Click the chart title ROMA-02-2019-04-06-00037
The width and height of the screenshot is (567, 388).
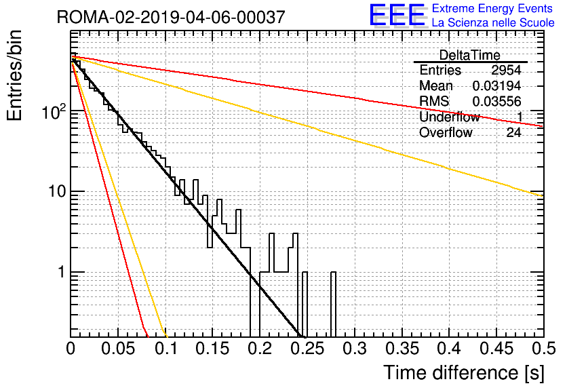(x=171, y=17)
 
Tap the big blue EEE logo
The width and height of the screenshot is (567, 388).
(x=397, y=15)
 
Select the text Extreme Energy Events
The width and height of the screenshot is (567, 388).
(x=492, y=8)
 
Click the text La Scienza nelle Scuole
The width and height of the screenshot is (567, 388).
(x=493, y=23)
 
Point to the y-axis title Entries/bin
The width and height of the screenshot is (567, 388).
(x=14, y=75)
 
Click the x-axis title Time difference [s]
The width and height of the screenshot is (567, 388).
(x=464, y=373)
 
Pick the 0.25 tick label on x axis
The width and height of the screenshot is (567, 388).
(x=307, y=349)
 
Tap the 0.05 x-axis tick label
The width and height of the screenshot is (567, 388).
(x=118, y=349)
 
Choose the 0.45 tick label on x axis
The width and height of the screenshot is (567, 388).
(x=496, y=349)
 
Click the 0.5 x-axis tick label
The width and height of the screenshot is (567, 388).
(x=544, y=349)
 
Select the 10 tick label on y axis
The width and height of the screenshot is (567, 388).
(x=57, y=192)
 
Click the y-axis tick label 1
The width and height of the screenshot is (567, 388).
(x=62, y=272)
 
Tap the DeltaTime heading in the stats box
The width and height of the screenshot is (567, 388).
(x=470, y=55)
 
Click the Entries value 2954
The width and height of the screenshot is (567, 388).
(x=506, y=70)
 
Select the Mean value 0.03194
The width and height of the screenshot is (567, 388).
(x=497, y=85)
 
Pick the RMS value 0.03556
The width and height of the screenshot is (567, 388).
(x=497, y=101)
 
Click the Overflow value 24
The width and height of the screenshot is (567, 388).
(x=513, y=133)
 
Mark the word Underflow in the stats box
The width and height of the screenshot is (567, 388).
(x=450, y=117)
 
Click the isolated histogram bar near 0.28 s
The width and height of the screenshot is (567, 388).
(x=334, y=305)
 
